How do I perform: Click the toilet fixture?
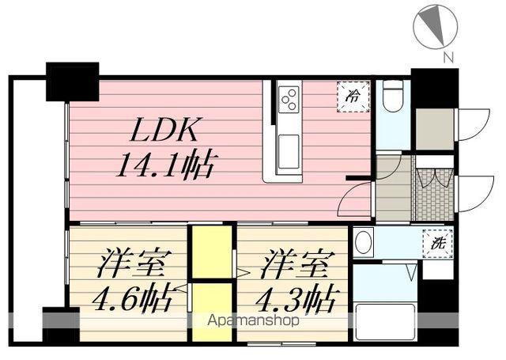point(391,99)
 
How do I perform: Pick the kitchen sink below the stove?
point(288,146)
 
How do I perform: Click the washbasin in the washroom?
point(364,243)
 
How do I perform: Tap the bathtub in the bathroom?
point(384,321)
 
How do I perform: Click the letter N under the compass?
point(448,57)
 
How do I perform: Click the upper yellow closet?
point(211,250)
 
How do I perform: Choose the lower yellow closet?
point(211,310)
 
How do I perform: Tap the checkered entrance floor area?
point(432,202)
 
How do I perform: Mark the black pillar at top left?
point(71,80)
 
